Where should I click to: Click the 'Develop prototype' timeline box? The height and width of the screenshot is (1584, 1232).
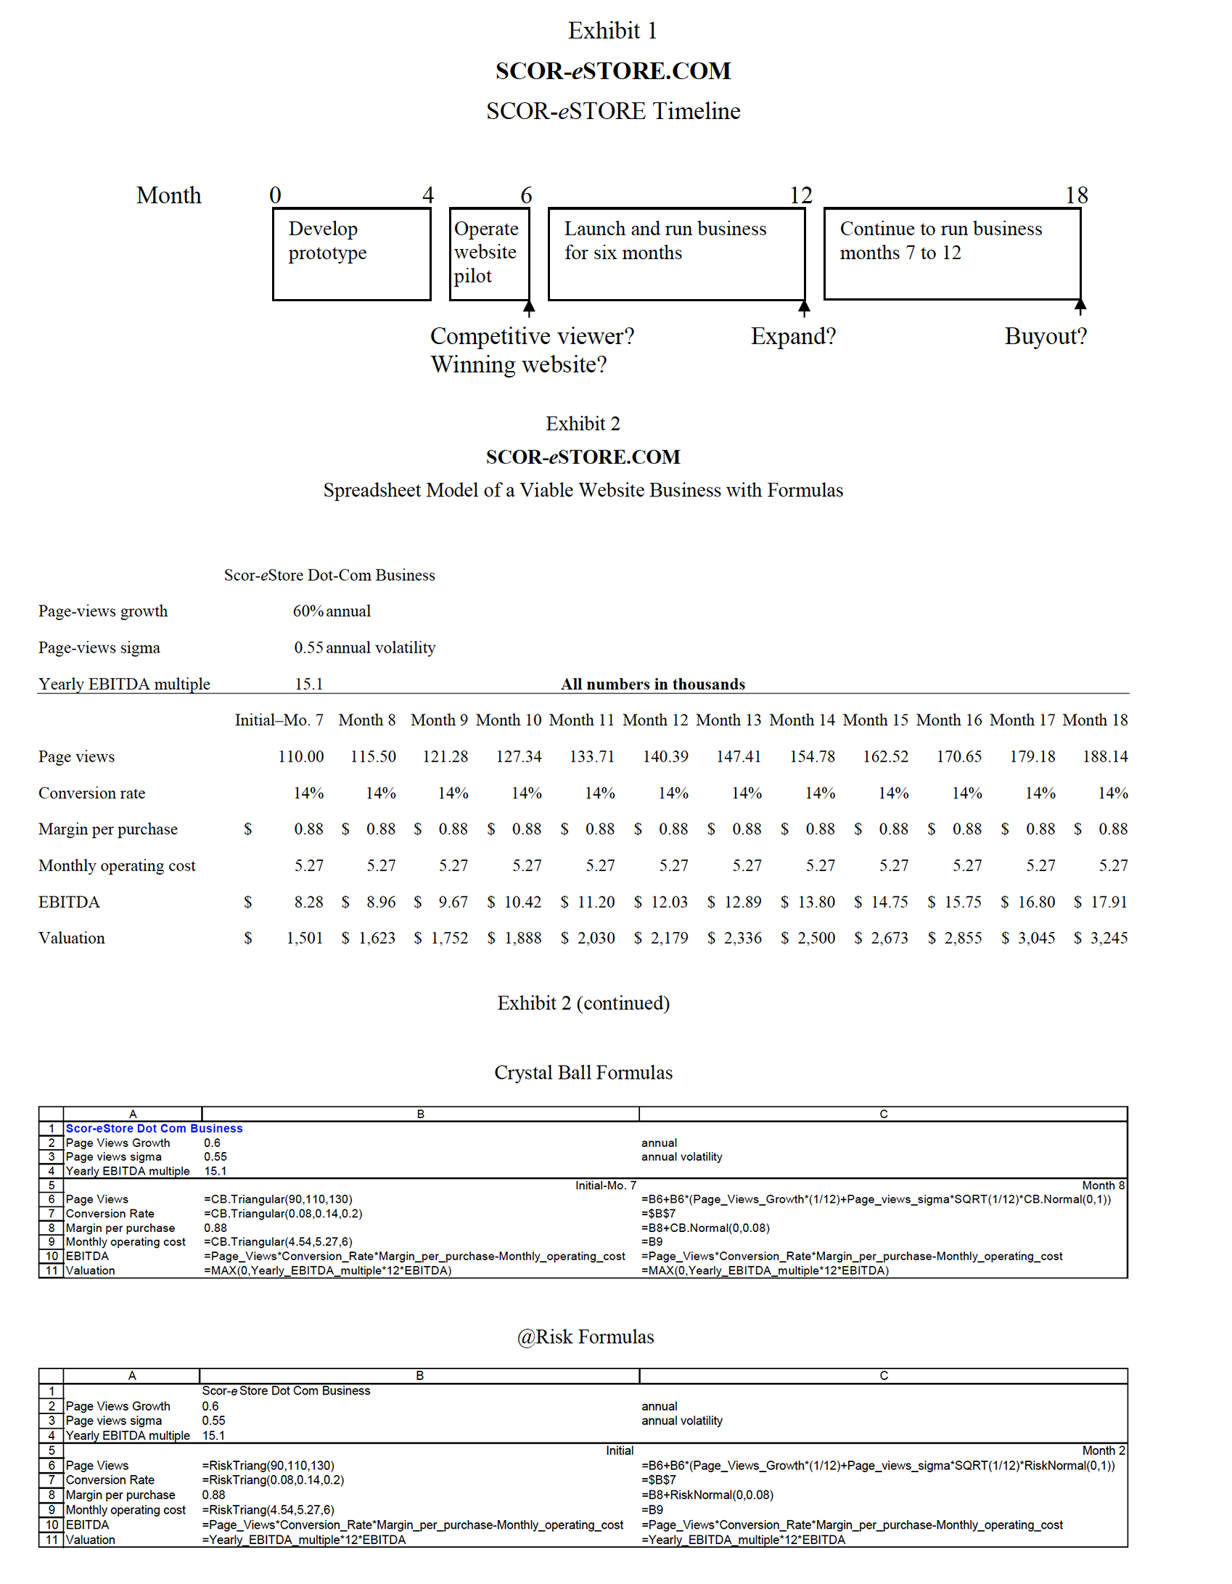point(351,253)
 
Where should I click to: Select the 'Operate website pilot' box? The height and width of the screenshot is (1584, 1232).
point(489,253)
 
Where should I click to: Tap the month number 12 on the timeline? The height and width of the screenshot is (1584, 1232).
point(800,195)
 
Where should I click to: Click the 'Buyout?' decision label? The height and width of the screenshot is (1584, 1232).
point(1045,336)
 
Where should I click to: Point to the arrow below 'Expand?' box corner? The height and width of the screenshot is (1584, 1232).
point(804,309)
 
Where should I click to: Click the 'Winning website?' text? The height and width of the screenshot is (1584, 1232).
point(518,364)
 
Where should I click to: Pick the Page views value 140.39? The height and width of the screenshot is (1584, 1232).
point(665,756)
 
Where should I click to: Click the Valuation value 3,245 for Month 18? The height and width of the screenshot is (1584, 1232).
point(1108,938)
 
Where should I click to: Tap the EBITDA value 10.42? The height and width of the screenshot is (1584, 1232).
point(522,902)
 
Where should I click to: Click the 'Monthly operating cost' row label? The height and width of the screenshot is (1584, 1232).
point(117,865)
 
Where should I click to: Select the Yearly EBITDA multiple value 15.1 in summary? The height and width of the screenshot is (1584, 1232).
point(308,684)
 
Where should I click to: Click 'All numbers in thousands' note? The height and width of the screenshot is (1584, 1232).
point(652,684)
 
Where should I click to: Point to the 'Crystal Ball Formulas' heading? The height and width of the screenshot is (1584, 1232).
point(583,1072)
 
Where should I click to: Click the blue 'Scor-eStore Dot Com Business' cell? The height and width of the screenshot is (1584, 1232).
point(154,1128)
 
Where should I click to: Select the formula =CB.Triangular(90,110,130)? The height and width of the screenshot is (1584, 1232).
point(278,1199)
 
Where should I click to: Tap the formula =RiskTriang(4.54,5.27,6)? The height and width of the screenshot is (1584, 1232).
point(268,1509)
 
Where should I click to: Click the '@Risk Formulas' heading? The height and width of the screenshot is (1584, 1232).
point(585,1336)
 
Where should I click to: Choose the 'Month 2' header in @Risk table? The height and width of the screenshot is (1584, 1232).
point(1103,1450)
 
